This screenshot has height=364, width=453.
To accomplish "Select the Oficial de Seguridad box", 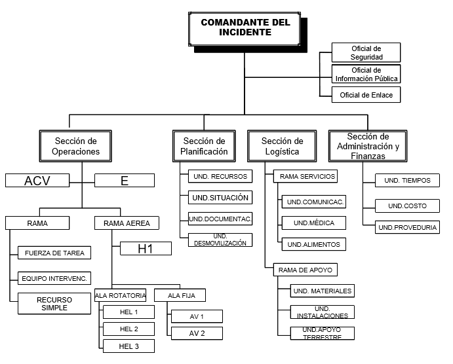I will pos(366,52).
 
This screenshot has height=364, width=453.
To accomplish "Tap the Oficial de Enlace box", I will pos(366,96).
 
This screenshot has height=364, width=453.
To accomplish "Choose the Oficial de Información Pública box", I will pos(366,74).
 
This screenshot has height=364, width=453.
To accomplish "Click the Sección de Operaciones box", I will pos(76,146).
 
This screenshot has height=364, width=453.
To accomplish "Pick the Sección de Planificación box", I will pos(204,146).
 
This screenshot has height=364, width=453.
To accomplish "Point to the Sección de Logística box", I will pos(282,146).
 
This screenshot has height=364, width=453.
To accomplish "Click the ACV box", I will pos(37,181).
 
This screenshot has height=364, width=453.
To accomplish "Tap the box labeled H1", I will pos(145,248).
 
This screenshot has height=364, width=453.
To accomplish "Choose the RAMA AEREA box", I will pos(127,223).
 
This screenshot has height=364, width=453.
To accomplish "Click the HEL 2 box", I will pos(128,329).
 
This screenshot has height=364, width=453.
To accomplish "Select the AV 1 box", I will pos(197,317).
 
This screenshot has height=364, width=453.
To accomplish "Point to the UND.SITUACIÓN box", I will pos(220,197).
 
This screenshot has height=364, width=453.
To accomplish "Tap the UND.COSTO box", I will pos(407,206).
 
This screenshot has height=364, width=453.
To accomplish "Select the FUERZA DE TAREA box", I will pos(54,253).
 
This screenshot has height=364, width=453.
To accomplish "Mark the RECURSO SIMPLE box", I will pos(54,303).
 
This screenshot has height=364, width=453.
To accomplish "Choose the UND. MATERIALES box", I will pos(323,291).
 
